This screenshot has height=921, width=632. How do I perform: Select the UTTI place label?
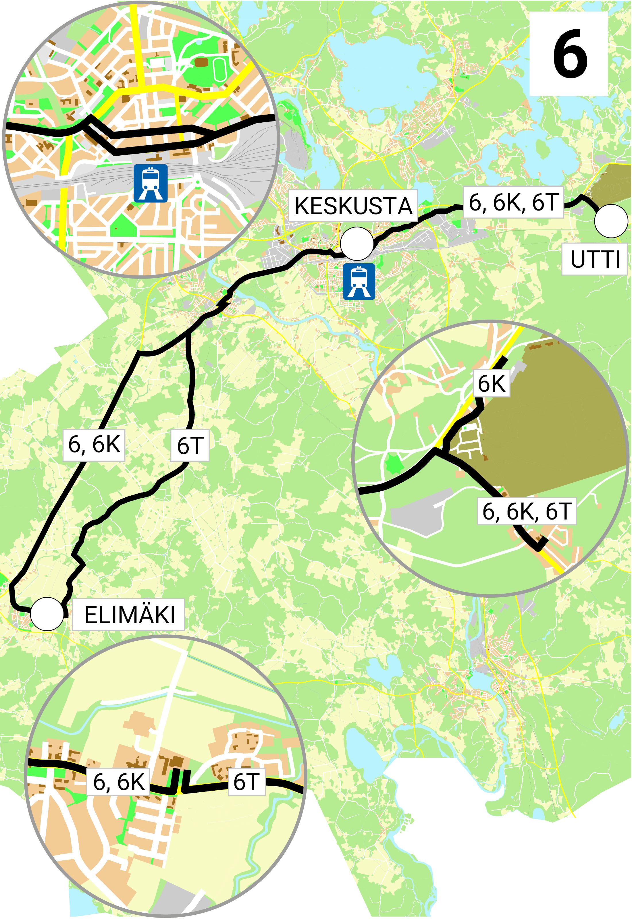pos(595,260)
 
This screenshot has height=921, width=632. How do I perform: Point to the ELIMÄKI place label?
pos(129,615)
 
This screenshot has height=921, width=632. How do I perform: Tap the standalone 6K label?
pos(492,384)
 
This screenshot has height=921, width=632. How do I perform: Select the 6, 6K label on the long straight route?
pos(94,444)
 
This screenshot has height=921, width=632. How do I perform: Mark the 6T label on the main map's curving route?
pos(190,445)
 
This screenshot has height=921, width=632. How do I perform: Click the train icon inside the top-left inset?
pos(150,183)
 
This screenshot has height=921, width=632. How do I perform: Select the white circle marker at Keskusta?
pos(357,243)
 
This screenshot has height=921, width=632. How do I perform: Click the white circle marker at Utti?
pos(611,221)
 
